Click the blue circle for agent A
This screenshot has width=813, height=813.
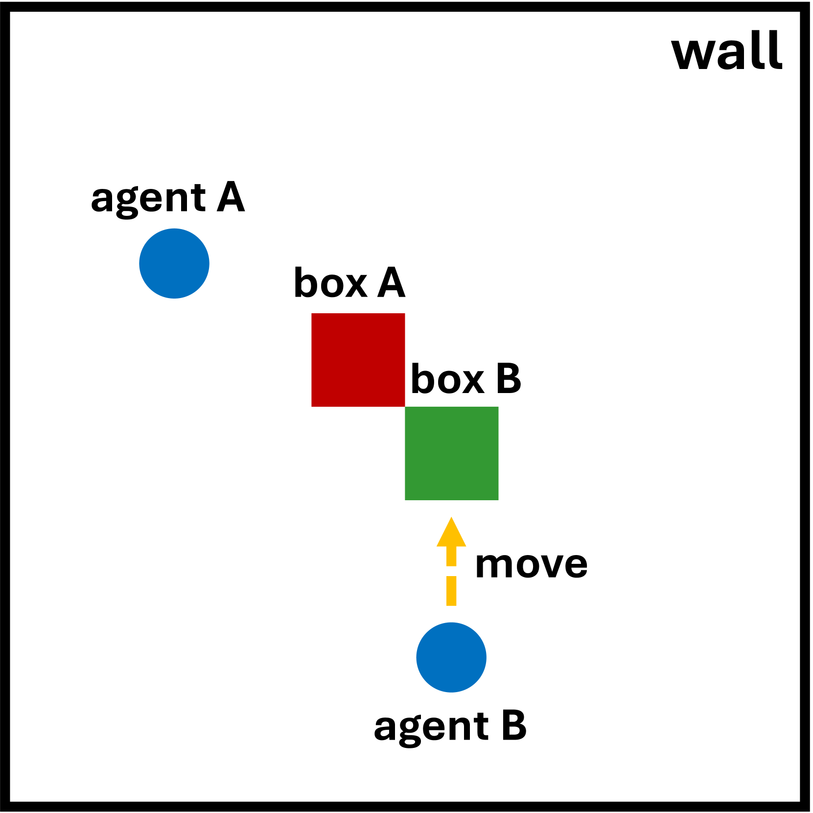(174, 263)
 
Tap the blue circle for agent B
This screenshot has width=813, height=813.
(451, 657)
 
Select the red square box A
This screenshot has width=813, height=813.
(358, 360)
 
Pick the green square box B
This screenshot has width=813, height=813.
(451, 453)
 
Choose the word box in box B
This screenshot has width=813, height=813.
(447, 379)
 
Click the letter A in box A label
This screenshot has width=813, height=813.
(391, 283)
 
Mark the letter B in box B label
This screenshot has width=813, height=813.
(509, 379)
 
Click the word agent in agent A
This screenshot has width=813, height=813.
(148, 200)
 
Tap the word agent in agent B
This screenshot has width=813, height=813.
(431, 728)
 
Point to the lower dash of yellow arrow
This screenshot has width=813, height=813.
(451, 591)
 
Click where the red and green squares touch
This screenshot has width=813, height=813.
(405, 406)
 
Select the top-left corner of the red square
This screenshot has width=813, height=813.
(312, 314)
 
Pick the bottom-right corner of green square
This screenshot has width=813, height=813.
(497, 499)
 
